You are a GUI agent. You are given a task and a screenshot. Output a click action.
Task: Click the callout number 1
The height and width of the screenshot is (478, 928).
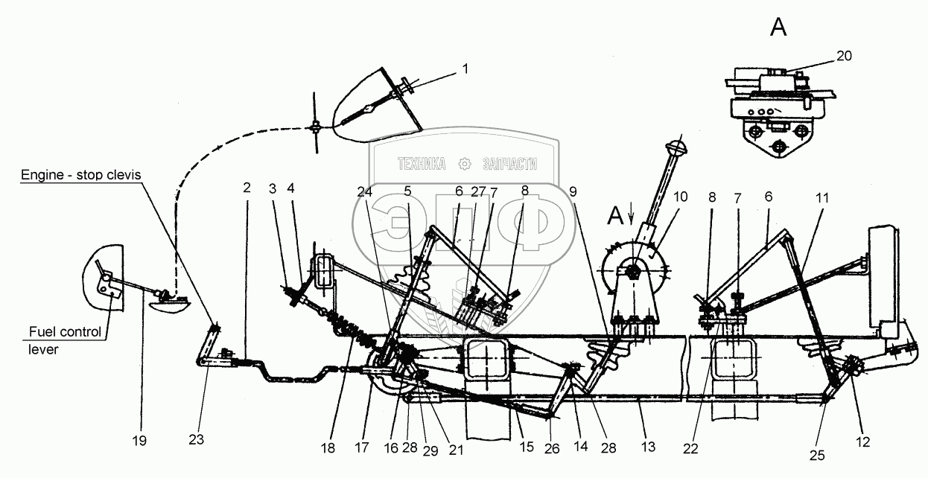click(465, 68)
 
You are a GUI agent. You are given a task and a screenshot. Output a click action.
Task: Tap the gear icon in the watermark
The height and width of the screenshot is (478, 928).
click(466, 163)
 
